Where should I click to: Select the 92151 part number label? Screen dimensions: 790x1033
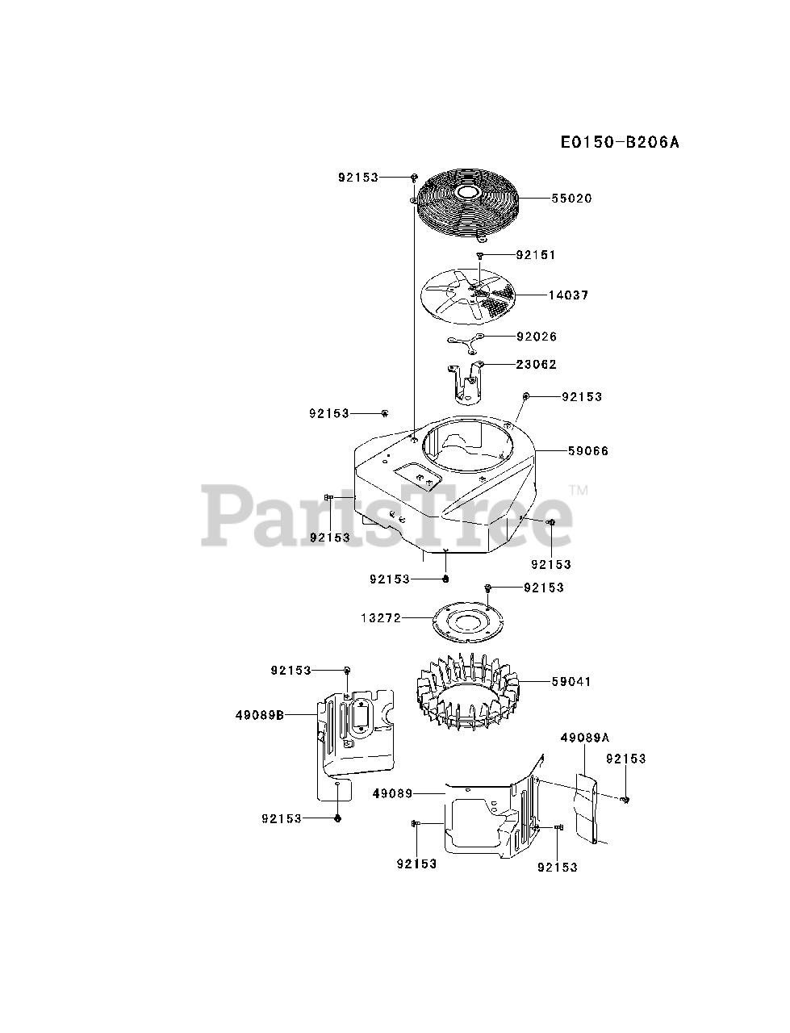click(537, 255)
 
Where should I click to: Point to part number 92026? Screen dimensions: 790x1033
click(537, 337)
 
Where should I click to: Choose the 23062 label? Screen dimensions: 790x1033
click(537, 365)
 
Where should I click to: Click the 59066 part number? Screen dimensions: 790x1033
click(587, 451)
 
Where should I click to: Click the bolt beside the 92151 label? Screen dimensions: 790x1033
click(479, 255)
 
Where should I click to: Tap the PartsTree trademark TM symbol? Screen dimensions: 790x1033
click(579, 490)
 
